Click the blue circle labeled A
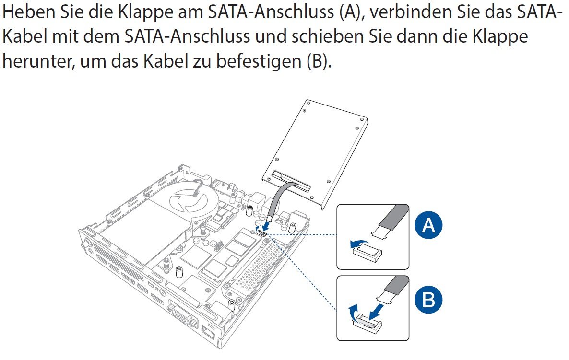coord(428,225)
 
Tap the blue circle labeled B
coord(428,300)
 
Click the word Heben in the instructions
coord(27,12)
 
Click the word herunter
coord(38,60)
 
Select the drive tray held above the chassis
coord(315,154)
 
